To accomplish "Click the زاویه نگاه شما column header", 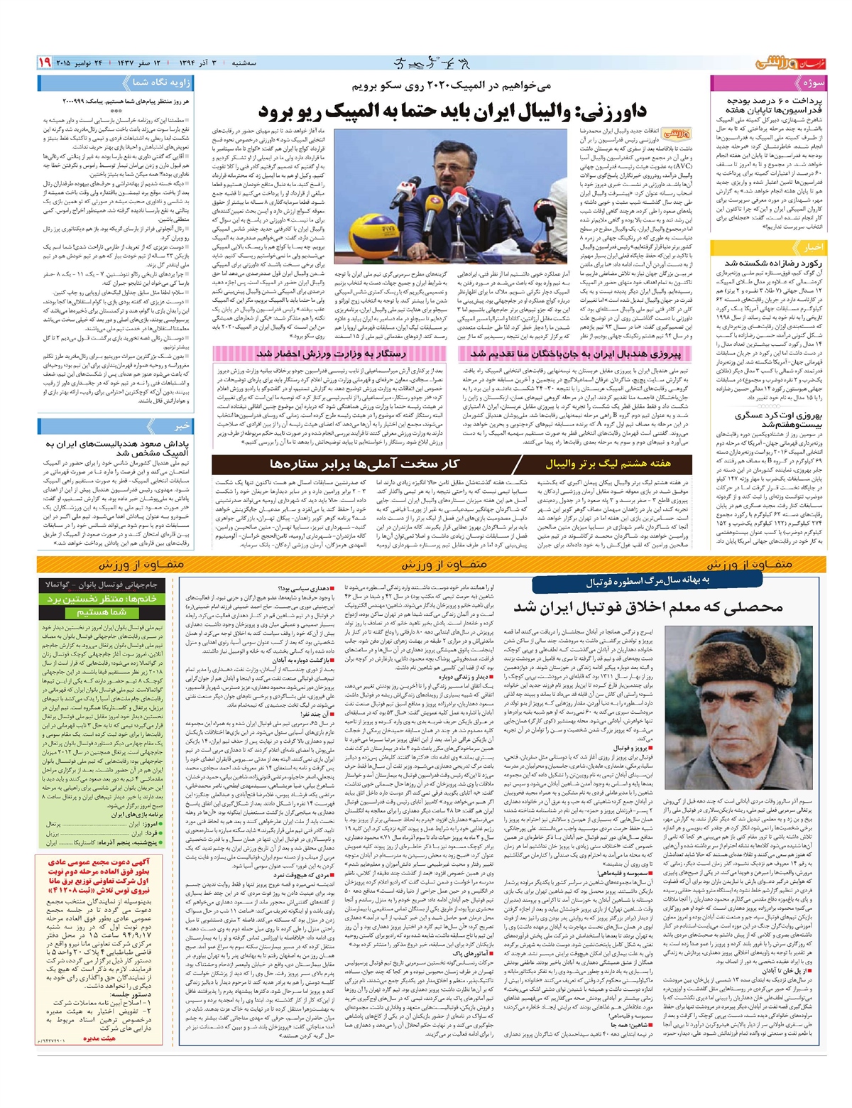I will point(162,82).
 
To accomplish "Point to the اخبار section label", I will point(812,248).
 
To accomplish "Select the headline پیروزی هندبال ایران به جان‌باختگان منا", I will point(576,353).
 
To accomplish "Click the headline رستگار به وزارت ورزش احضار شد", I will point(332,353).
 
